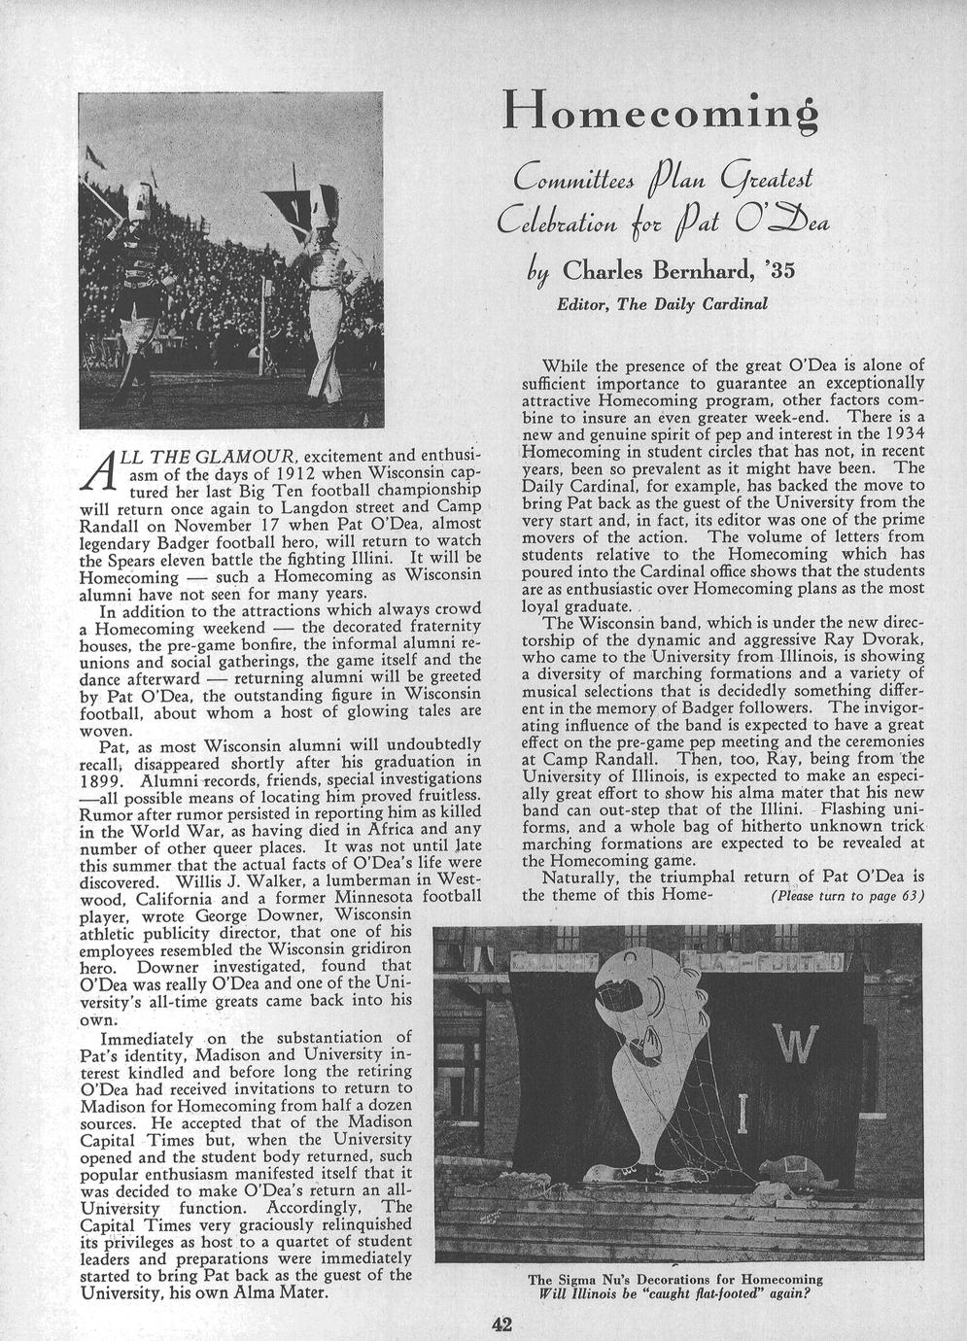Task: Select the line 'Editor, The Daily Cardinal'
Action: [x=661, y=304]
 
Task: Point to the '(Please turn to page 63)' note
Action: [x=845, y=895]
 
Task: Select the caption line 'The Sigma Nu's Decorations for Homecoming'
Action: [x=675, y=1279]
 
